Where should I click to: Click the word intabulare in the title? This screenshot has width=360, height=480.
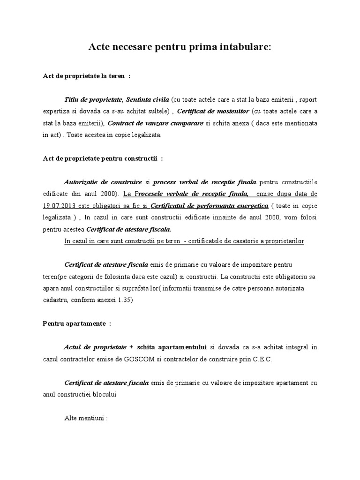243,48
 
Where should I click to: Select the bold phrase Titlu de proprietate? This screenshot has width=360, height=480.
93,99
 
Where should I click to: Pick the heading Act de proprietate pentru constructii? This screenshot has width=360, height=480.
101,158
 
